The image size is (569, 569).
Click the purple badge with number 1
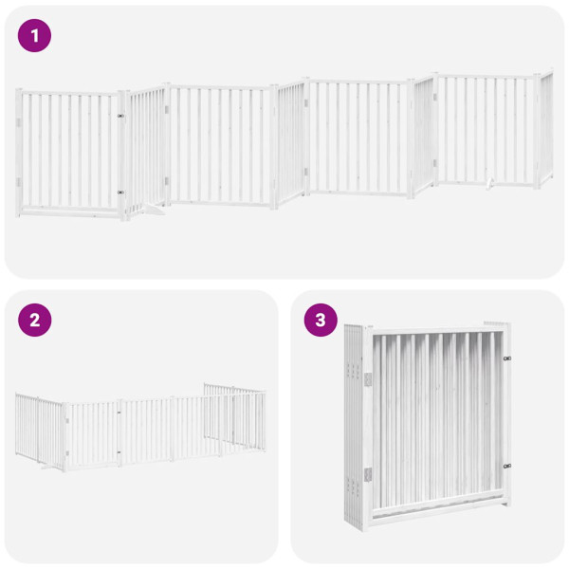coord(35,36)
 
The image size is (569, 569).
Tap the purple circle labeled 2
coord(35,320)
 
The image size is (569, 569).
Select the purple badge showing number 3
coord(321,320)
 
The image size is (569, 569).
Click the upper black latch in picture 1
coord(120,117)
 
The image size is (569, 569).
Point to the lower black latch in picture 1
coord(120,193)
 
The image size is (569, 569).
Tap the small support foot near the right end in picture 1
coord(488,182)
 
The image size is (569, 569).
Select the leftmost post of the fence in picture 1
coord(19,152)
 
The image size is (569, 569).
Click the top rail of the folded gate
coord(436,329)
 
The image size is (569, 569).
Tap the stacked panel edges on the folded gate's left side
coord(354,427)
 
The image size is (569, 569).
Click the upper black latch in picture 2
coord(119,413)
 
